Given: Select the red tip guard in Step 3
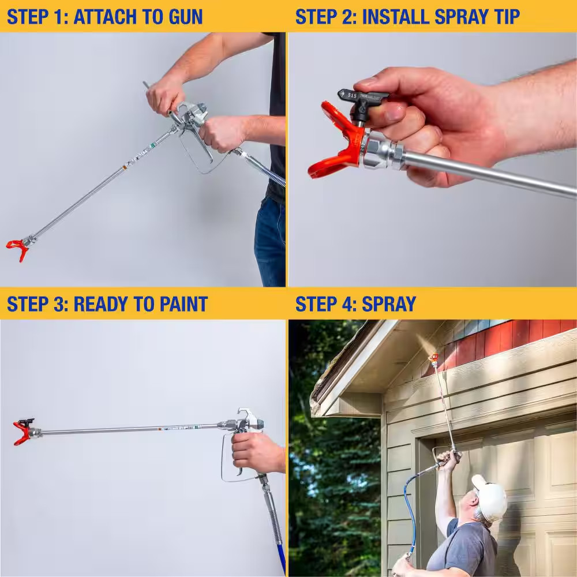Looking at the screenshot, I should [22, 433].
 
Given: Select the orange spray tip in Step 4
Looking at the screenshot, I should [434, 358].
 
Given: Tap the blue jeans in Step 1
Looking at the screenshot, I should [270, 242].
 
